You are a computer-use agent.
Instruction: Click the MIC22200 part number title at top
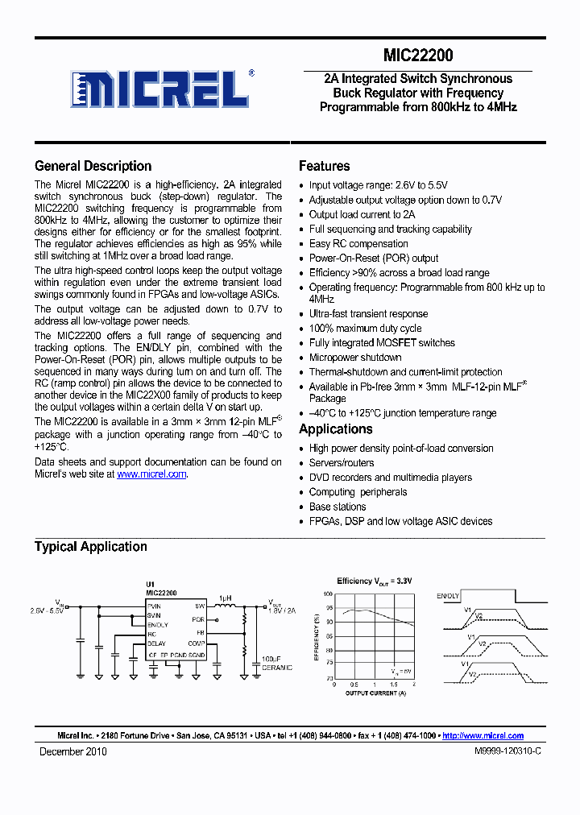click(x=417, y=56)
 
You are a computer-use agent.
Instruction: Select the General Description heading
click(x=93, y=166)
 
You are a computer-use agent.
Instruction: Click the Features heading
click(x=324, y=166)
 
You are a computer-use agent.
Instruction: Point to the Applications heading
click(x=335, y=428)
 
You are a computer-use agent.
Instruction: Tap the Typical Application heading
click(x=90, y=546)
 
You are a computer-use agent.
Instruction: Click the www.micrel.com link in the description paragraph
click(x=151, y=474)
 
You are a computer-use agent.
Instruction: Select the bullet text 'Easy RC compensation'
click(x=358, y=243)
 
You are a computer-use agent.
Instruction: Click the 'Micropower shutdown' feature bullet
click(x=355, y=357)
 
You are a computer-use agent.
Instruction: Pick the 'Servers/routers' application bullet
click(x=342, y=463)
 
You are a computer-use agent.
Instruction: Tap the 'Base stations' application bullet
click(x=338, y=507)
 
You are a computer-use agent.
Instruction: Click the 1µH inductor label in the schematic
click(x=226, y=598)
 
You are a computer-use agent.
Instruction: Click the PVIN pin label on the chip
click(x=154, y=605)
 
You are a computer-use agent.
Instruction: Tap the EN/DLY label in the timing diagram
click(x=448, y=596)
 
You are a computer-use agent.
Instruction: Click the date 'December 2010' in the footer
click(x=73, y=751)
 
